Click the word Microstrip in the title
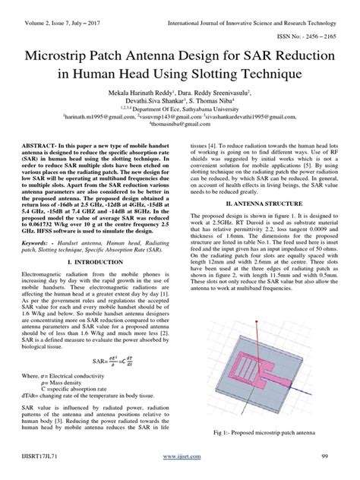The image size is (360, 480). [x=67, y=55]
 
